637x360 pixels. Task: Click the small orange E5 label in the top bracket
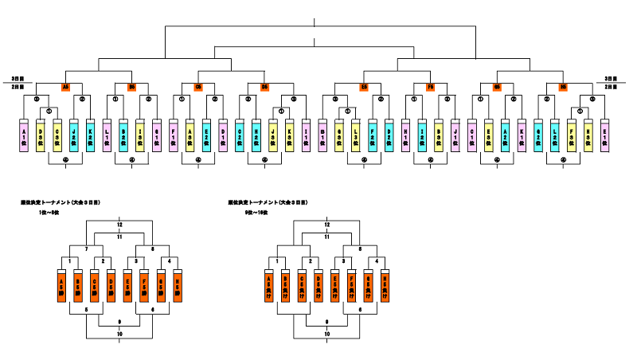tap(364, 87)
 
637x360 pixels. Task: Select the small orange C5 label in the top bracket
tap(198, 87)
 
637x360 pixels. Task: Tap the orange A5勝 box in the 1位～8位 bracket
tap(62, 284)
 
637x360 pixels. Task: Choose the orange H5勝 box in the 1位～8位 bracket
tap(179, 284)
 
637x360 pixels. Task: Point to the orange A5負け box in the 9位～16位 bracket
tap(268, 284)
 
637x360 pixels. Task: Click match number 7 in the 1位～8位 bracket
tap(87, 249)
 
